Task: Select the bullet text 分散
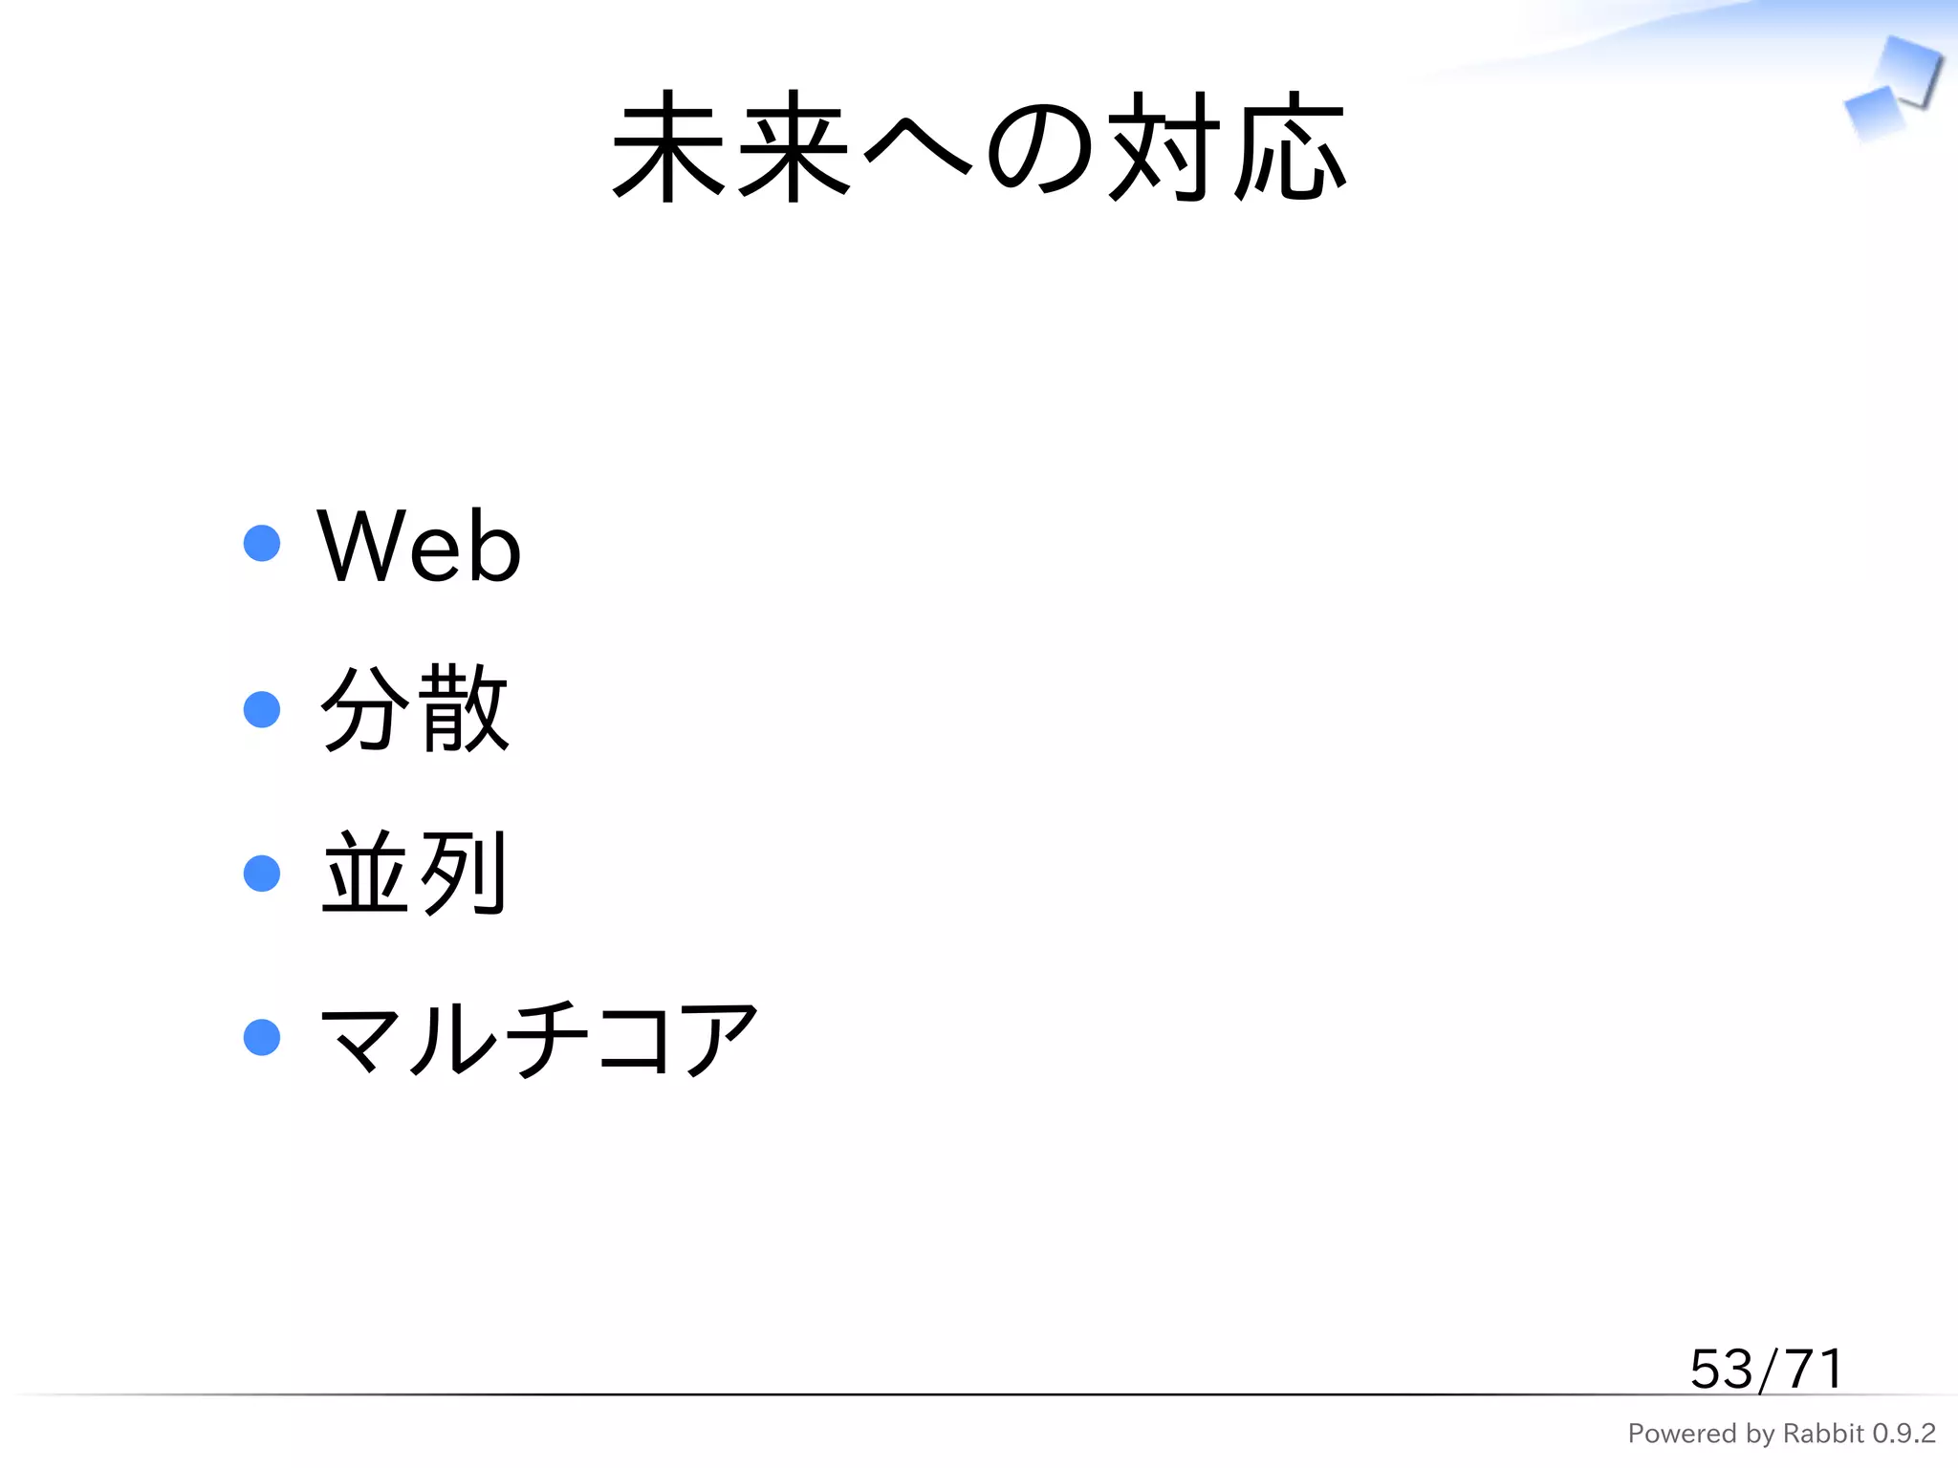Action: (414, 708)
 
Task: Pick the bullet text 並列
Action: (414, 873)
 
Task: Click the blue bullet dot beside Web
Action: (262, 543)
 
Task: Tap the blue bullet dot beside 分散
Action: (262, 709)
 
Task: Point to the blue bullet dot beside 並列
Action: (262, 874)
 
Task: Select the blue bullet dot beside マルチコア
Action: (262, 1038)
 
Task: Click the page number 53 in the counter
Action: (1720, 1370)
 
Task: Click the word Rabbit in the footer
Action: (1823, 1434)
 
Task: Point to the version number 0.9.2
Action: (1904, 1434)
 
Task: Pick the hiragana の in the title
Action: (1039, 148)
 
